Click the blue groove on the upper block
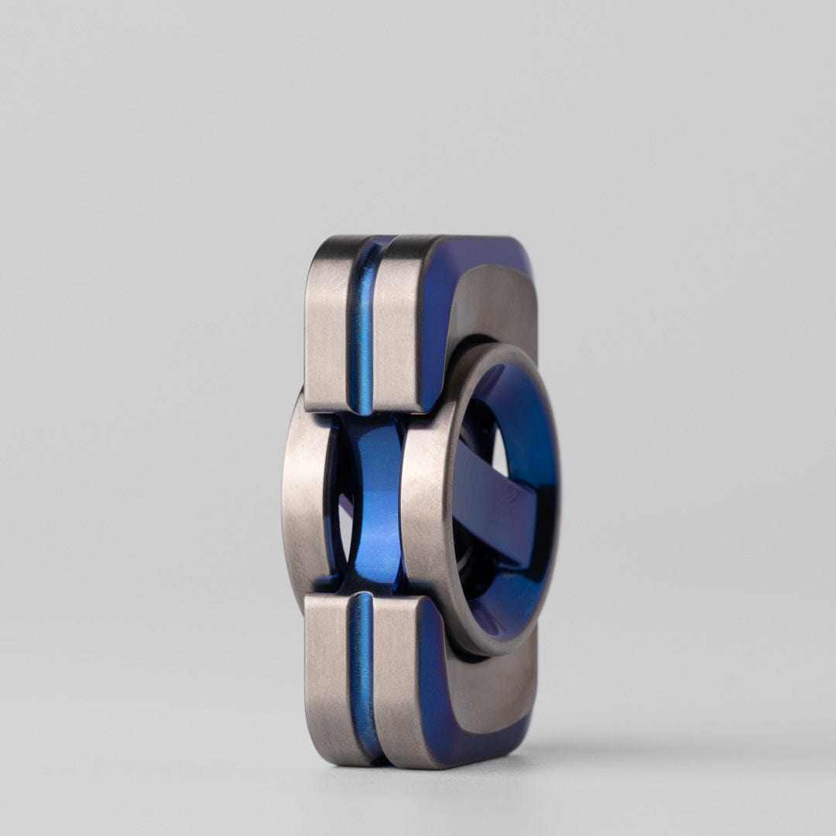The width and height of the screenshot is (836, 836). pos(361,325)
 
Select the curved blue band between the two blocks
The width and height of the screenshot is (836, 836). pos(376,503)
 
